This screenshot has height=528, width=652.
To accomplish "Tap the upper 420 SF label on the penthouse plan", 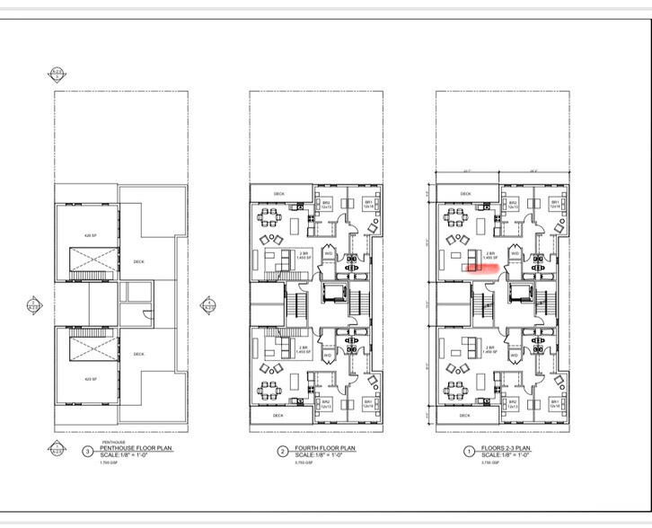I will (x=89, y=235).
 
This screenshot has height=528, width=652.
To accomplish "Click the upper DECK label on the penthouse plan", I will (x=138, y=262).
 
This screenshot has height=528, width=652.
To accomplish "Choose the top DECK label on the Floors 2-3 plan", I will (x=465, y=192).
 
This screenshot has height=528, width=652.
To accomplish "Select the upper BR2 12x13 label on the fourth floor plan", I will (x=327, y=205).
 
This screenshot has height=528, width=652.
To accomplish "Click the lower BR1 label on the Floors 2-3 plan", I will (x=554, y=403).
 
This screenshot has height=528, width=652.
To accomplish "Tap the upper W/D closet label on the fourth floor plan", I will (x=328, y=253).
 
